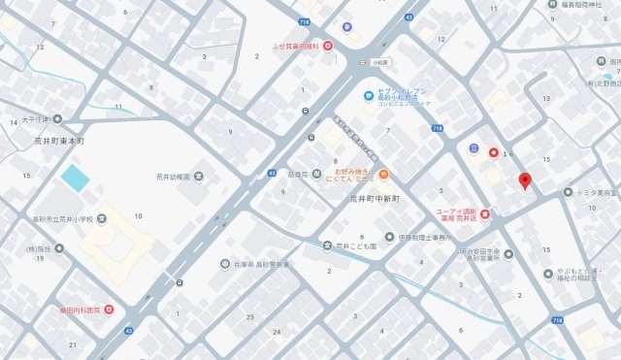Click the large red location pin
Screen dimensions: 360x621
[525, 180]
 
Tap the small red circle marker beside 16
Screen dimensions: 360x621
[493, 152]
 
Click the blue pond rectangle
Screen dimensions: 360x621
[74, 178]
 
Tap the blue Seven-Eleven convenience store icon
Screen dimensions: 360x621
[369, 95]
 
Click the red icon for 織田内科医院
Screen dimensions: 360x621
[109, 310]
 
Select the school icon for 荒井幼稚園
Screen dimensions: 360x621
[199, 176]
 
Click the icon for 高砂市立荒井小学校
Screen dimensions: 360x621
[101, 218]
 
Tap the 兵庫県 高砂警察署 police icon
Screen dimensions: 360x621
[225, 263]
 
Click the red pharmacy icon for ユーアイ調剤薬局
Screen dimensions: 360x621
[485, 213]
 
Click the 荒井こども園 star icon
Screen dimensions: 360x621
[327, 246]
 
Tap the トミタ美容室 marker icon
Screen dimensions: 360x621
[568, 192]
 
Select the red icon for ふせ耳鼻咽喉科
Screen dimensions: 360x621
[327, 45]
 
